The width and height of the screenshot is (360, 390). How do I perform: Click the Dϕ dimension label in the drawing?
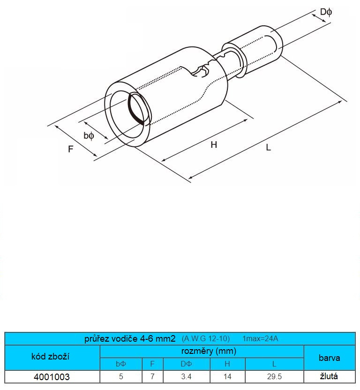point(326,12)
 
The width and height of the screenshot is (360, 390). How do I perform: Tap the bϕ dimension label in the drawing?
point(89,136)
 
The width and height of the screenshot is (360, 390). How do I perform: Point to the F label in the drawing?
point(71,149)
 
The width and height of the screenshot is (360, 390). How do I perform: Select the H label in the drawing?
point(214,145)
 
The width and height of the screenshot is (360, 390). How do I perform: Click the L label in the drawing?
point(268,148)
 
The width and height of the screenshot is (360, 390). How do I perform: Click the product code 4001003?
point(52,377)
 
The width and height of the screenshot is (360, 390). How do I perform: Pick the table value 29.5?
point(275,376)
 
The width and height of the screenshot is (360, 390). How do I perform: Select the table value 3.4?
point(187,376)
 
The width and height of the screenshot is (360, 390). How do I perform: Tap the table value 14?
point(227,376)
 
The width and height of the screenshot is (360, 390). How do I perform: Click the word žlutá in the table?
point(329,376)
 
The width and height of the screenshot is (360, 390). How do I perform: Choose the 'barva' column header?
point(330,358)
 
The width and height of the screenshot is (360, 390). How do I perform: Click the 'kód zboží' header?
point(51,357)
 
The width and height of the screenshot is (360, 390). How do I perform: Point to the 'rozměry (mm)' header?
point(209,351)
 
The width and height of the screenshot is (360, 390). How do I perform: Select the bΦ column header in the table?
point(121,364)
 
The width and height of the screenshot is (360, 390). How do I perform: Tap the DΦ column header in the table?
point(187,364)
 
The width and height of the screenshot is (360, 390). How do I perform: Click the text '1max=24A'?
point(260,339)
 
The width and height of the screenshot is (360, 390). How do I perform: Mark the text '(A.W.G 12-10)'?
point(206,339)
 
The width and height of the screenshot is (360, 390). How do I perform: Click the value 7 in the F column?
point(152,376)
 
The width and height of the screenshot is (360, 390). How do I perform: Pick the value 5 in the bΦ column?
point(121,376)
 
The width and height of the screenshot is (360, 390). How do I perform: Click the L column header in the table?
point(274,364)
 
